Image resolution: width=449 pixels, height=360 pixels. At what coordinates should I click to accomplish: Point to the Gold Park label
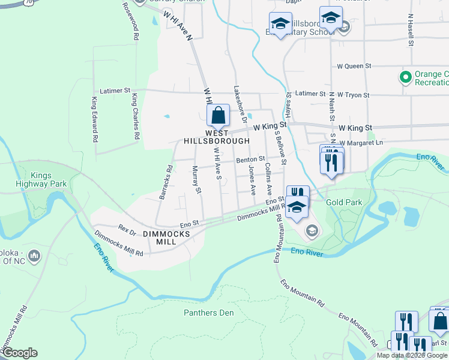pos(344,202)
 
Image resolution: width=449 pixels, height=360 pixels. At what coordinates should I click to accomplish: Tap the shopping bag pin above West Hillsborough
pos(219,115)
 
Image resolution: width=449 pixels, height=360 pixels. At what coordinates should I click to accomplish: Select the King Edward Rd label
pos(95,119)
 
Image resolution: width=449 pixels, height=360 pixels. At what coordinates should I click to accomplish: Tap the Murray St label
pos(196,180)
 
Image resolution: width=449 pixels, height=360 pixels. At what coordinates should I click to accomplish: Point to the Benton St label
pos(250,160)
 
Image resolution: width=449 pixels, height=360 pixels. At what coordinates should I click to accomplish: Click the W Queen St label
pos(354,66)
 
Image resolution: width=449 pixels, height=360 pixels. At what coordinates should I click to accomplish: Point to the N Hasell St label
pos(411,30)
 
